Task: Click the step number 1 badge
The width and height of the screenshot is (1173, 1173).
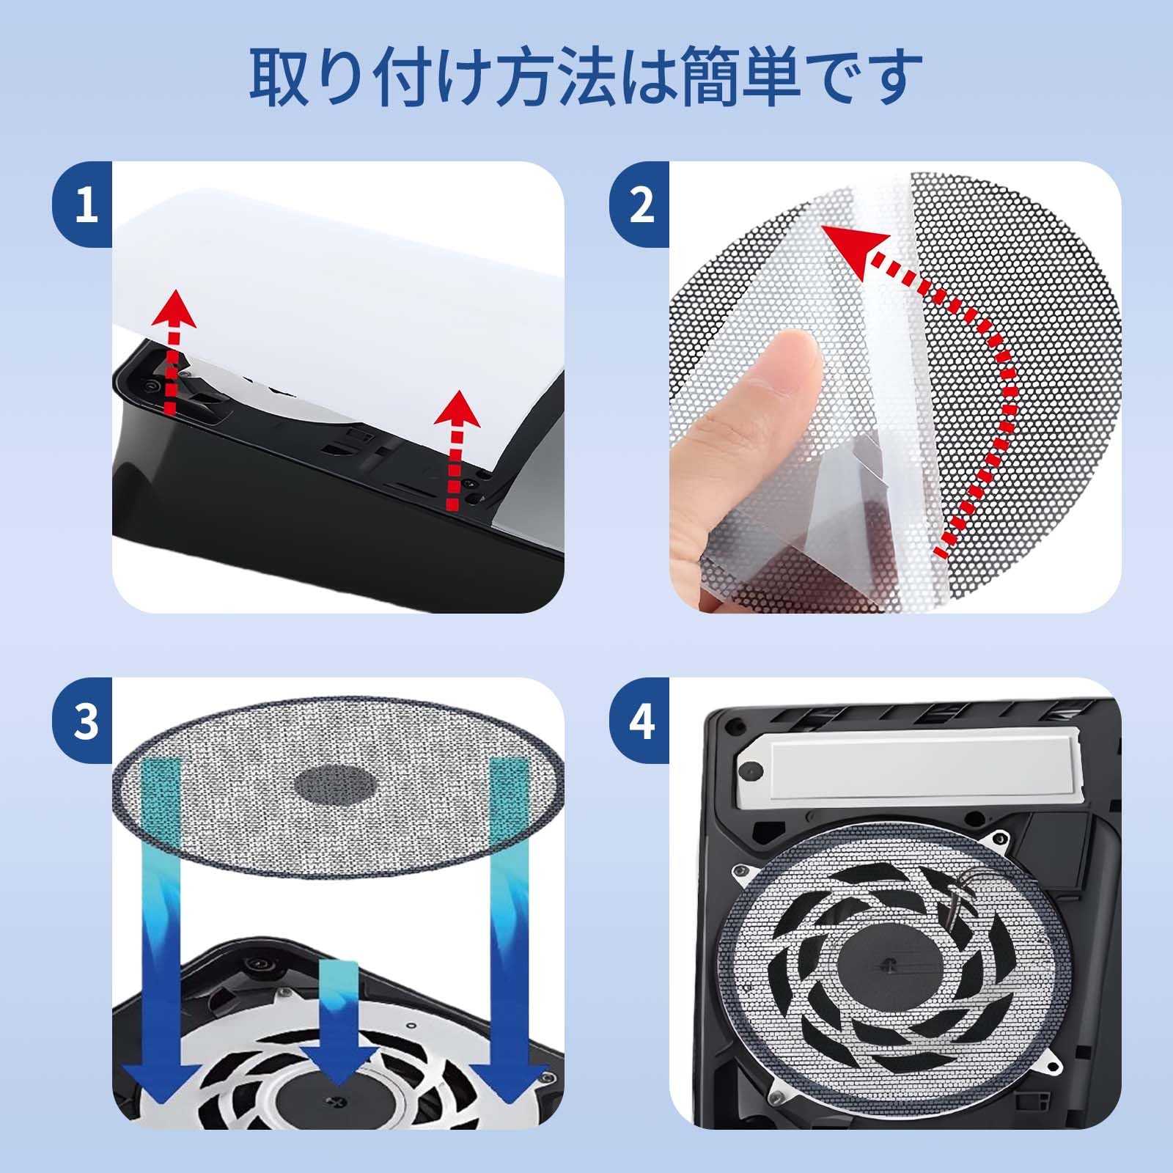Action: (87, 205)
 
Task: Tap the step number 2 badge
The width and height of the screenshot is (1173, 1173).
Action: (642, 205)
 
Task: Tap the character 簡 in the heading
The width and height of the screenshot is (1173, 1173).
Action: (709, 76)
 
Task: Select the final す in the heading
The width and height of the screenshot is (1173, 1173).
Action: (891, 76)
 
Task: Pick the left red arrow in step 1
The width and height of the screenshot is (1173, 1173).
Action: (174, 352)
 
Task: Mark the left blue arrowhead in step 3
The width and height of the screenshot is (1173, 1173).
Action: (158, 1067)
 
